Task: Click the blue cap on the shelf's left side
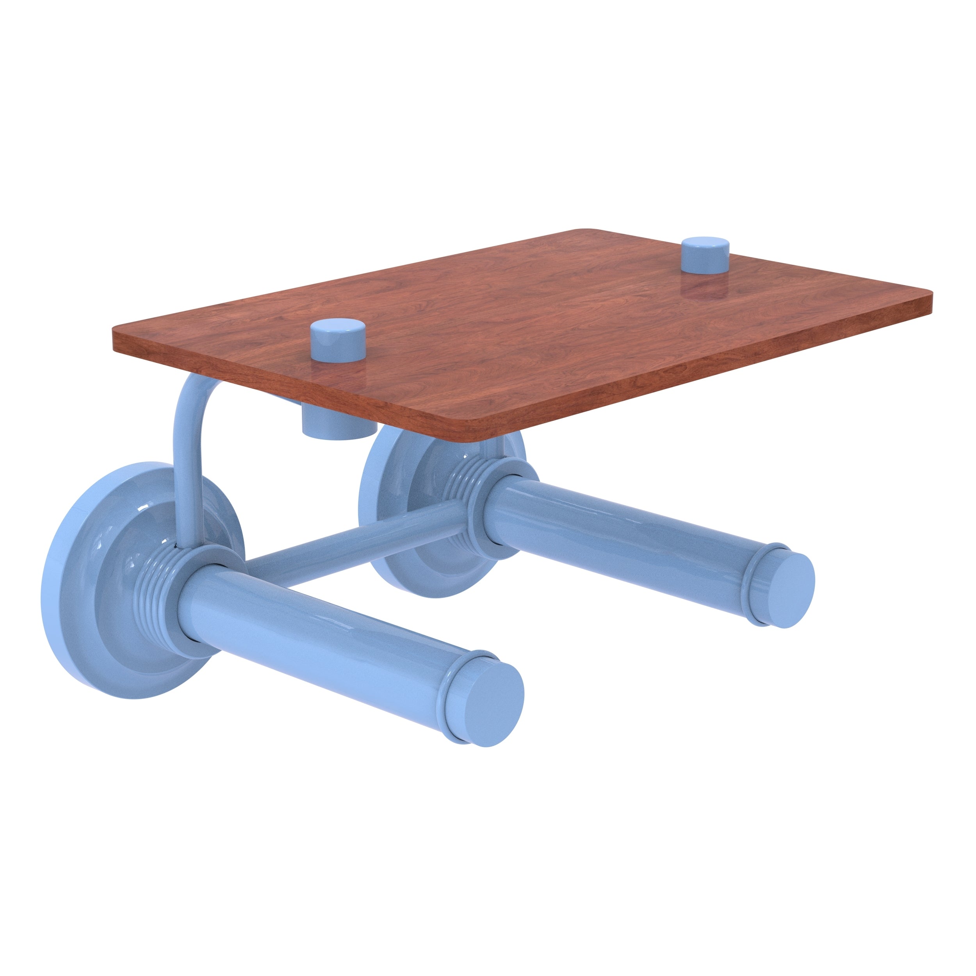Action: (x=337, y=340)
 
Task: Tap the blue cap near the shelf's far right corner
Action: (x=706, y=256)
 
